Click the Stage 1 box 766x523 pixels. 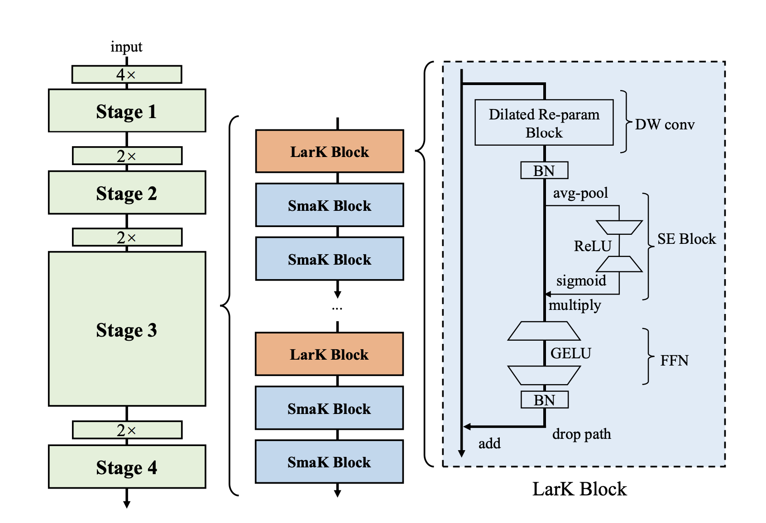[x=127, y=111]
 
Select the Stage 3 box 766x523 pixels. [x=127, y=329]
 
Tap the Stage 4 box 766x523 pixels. [x=127, y=467]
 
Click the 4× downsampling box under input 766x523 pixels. [x=127, y=74]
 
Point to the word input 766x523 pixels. [x=126, y=47]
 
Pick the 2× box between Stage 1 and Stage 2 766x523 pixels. [x=127, y=156]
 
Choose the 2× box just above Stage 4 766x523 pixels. [x=127, y=430]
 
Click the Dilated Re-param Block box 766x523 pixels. [x=544, y=123]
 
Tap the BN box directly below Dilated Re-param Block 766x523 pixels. [x=544, y=171]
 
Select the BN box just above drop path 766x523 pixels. [x=544, y=400]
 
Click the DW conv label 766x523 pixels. [x=665, y=124]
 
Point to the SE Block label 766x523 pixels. [x=686, y=239]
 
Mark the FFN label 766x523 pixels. [x=674, y=361]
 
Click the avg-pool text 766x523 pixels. [x=580, y=193]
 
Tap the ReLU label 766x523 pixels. [x=593, y=246]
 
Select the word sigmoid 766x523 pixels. [x=581, y=281]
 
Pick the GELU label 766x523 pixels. [x=570, y=353]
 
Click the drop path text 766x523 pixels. [x=581, y=434]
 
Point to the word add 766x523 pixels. [x=489, y=443]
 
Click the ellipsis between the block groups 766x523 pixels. [x=337, y=308]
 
